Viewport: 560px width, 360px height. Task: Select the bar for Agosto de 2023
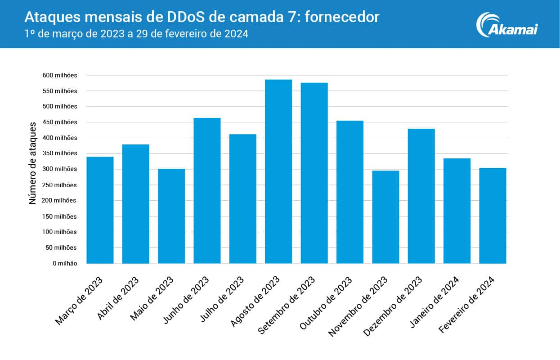click(x=278, y=171)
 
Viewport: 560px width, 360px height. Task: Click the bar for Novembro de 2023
click(x=385, y=217)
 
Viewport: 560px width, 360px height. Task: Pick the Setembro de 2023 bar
click(x=314, y=173)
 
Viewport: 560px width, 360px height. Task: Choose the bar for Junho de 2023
click(x=207, y=191)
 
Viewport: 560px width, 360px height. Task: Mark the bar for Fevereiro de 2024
click(x=493, y=216)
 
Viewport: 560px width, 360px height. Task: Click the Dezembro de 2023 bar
click(x=421, y=196)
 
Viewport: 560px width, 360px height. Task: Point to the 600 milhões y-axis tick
click(x=60, y=75)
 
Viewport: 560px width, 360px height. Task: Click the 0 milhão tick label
click(x=65, y=263)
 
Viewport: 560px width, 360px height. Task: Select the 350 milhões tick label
click(x=60, y=153)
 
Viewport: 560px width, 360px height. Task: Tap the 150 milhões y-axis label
click(x=60, y=216)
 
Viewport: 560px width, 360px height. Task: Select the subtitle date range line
click(x=136, y=34)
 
